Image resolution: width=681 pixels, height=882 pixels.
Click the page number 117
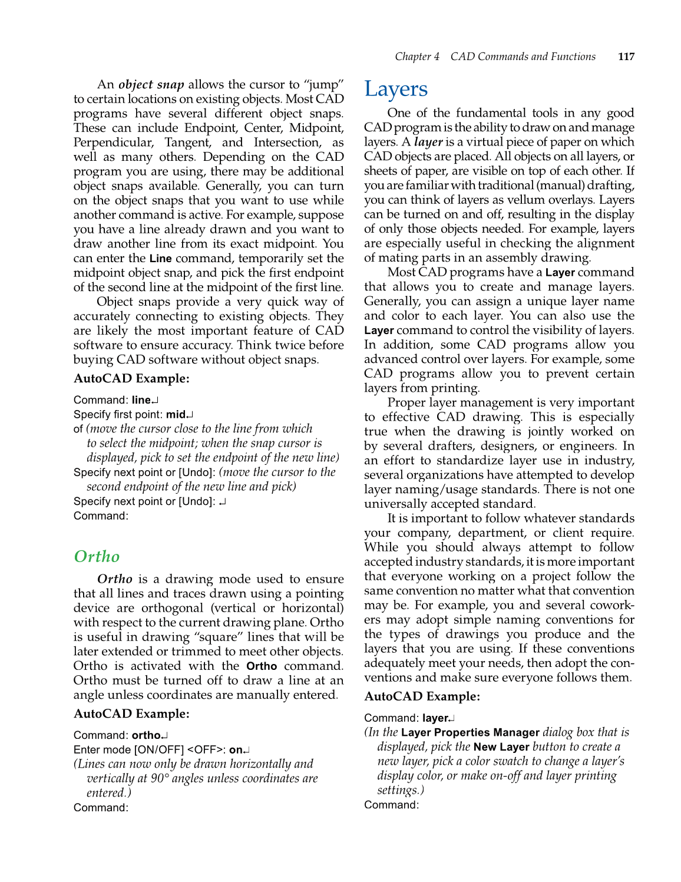pos(626,57)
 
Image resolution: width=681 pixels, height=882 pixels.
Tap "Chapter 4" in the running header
pos(416,57)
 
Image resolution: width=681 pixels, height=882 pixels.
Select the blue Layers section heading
pos(395,89)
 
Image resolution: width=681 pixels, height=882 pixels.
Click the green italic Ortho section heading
pos(97,556)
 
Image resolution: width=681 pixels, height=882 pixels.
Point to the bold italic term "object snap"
pos(151,84)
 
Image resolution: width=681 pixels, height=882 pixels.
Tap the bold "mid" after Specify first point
pos(176,414)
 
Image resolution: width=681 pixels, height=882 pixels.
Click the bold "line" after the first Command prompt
pos(141,400)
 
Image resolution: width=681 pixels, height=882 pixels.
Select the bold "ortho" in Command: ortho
pos(146,735)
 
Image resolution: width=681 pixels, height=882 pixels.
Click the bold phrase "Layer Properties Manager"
pos(470,732)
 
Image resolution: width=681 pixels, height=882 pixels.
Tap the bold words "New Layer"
pos(501,746)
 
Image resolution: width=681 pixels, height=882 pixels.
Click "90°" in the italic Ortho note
pos(161,778)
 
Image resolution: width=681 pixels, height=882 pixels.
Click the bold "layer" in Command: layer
pos(435,718)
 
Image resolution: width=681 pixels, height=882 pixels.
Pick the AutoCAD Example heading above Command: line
pos(131,379)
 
